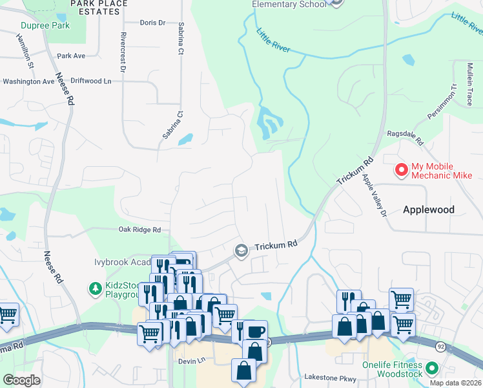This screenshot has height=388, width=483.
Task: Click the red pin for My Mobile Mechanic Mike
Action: (x=401, y=170)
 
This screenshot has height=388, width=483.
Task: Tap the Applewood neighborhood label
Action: (x=429, y=210)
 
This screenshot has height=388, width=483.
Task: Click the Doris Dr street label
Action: (x=153, y=23)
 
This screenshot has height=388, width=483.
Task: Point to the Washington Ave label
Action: (x=29, y=82)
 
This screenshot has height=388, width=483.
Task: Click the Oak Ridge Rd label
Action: (x=139, y=230)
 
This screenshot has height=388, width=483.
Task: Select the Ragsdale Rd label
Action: (x=404, y=137)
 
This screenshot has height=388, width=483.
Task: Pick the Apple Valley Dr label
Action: (x=373, y=195)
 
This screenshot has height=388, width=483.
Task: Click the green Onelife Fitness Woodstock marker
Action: (x=432, y=369)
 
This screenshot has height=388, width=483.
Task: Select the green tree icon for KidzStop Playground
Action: (x=94, y=287)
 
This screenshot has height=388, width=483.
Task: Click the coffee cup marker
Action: (x=254, y=332)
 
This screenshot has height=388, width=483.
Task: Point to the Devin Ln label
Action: (x=191, y=360)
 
